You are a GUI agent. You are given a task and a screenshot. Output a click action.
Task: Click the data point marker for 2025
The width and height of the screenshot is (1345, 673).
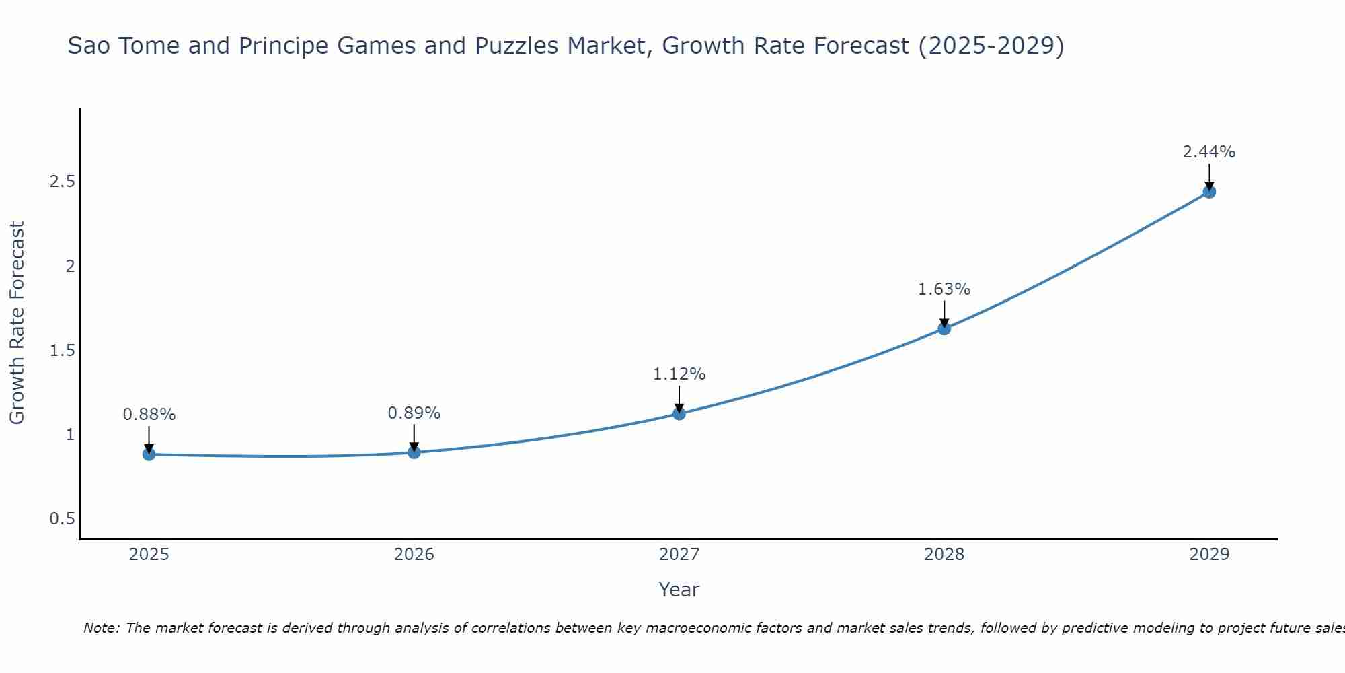[149, 454]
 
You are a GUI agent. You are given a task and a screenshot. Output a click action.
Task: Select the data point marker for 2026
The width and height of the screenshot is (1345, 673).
[414, 452]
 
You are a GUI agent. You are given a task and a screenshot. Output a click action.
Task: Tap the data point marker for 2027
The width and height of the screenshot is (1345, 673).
[679, 413]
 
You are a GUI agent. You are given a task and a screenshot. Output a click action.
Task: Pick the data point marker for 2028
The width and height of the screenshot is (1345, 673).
[944, 328]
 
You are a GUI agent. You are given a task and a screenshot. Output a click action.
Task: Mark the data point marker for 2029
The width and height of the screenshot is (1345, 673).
[1209, 192]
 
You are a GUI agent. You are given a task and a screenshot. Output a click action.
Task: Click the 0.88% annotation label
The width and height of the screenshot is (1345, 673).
[149, 415]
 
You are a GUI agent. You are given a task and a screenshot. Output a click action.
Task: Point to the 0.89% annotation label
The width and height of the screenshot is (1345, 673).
[414, 413]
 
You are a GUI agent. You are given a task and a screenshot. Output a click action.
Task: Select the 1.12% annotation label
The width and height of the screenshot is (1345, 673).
[679, 374]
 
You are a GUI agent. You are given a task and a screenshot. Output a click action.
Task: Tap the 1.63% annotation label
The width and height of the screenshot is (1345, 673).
[944, 289]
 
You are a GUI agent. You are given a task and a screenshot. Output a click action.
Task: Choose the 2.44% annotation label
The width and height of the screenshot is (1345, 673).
[1209, 152]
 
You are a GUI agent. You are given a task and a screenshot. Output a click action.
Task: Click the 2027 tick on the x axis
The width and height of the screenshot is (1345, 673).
[679, 555]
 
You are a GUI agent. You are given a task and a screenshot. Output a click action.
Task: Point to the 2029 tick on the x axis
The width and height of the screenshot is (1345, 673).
[1209, 555]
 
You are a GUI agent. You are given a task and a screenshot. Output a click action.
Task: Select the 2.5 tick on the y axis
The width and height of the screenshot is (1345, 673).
[62, 182]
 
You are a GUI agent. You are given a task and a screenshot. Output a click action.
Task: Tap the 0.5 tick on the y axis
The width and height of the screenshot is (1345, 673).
[62, 519]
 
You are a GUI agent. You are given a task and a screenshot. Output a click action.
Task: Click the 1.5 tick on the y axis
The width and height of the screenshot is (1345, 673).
[62, 351]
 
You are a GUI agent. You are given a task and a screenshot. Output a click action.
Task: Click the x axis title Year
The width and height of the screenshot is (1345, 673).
[679, 590]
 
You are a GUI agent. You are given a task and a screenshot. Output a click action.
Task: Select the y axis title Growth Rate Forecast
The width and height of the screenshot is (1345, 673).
[17, 323]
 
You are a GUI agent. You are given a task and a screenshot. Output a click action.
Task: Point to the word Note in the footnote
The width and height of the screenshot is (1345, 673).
[100, 628]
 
